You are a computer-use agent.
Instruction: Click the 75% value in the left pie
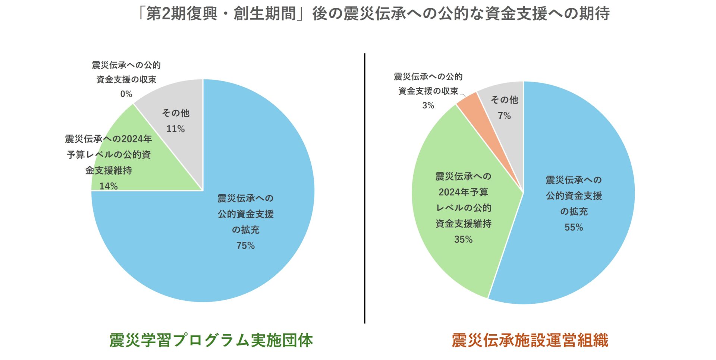click(245, 246)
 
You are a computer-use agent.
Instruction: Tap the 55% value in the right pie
click(574, 227)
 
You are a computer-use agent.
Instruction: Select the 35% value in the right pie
click(463, 239)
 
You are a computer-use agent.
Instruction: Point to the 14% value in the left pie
click(109, 186)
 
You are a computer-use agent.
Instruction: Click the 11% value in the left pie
click(175, 129)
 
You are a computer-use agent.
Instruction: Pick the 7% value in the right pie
click(504, 116)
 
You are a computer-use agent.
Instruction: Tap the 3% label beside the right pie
click(428, 105)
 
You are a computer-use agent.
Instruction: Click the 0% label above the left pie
click(126, 94)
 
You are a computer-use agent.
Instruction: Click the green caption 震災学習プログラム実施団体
click(211, 340)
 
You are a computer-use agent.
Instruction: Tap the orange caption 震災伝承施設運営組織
click(530, 340)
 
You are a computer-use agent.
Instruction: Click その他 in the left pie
click(175, 113)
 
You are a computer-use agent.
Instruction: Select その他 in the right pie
click(504, 100)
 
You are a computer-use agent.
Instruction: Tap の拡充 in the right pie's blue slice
click(574, 212)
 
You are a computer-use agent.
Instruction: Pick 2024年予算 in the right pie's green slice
click(463, 192)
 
